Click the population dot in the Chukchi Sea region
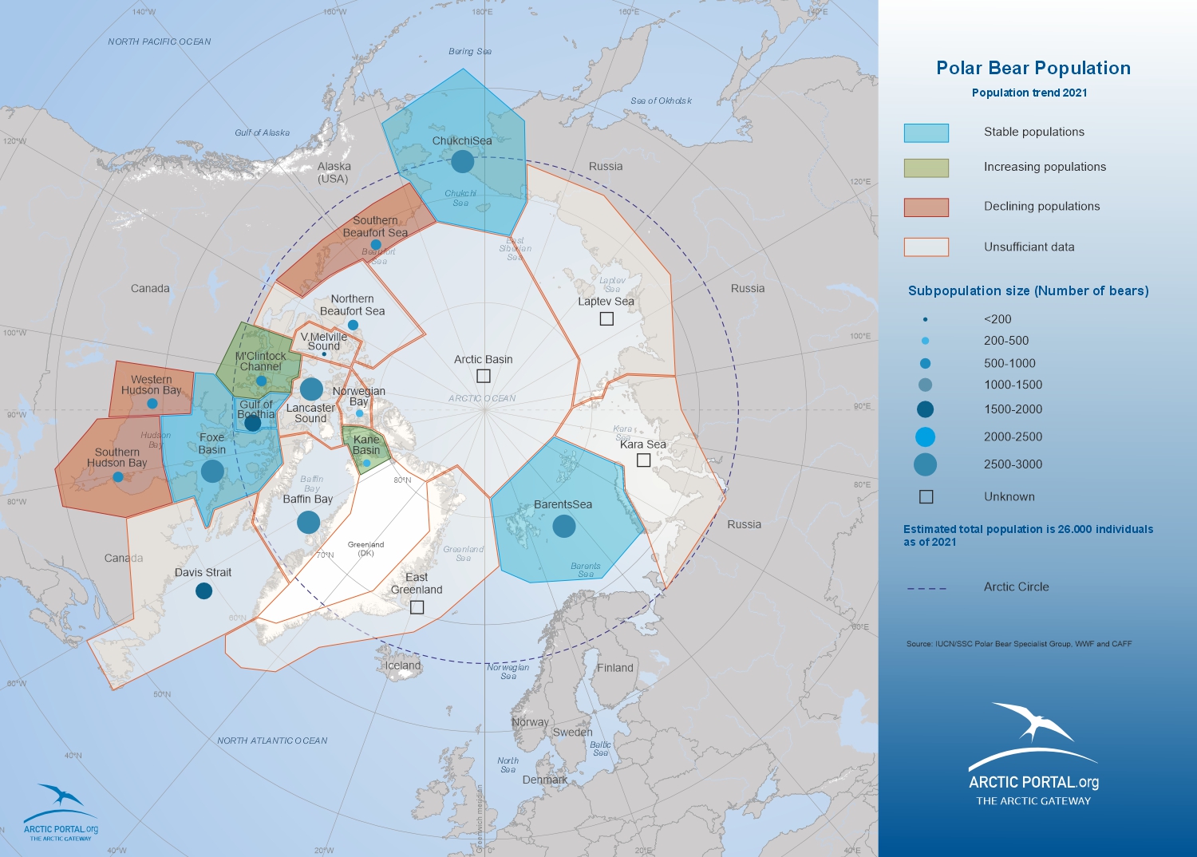(462, 161)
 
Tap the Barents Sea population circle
(563, 526)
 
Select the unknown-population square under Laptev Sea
(606, 318)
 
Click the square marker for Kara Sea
(643, 460)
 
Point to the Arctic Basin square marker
(483, 376)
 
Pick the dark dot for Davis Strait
(203, 590)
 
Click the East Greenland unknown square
(417, 607)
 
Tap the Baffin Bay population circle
(308, 523)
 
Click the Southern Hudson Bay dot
(118, 477)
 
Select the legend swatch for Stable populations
(926, 132)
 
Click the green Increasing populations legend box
(926, 168)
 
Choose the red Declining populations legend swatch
(926, 207)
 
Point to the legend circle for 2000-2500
(925, 437)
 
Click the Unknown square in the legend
(926, 496)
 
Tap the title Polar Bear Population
(1033, 68)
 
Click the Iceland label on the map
(403, 665)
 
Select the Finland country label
(615, 668)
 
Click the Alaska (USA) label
(334, 172)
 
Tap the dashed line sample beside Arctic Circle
(926, 589)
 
